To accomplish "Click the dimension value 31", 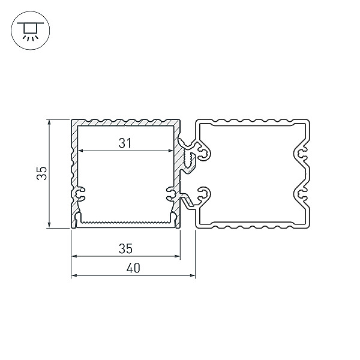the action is (125, 143).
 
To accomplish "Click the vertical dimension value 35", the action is (42, 173).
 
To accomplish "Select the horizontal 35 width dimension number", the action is (125, 248).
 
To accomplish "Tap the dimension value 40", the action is (133, 268).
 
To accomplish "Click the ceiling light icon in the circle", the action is (30, 31).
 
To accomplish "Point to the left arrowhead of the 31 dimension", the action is (80, 151).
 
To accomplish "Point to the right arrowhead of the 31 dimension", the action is (170, 151).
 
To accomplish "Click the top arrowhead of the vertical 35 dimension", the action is (49, 122).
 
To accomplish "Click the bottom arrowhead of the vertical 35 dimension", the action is (49, 225).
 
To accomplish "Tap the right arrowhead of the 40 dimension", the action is (193, 275).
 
